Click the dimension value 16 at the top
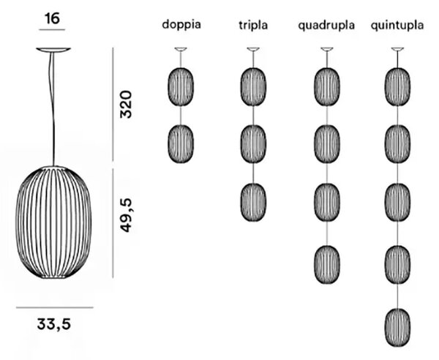click(x=53, y=19)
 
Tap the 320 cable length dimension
click(x=126, y=105)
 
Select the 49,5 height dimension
click(x=126, y=215)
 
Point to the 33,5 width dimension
click(x=54, y=324)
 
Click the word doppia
click(x=181, y=25)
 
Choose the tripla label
click(x=253, y=25)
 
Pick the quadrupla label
click(x=326, y=26)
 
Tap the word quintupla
click(x=397, y=26)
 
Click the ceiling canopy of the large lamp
click(x=53, y=50)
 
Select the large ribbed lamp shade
click(x=54, y=222)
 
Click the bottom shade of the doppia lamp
click(x=181, y=144)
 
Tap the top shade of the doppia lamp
click(x=181, y=87)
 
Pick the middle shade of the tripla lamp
click(x=253, y=144)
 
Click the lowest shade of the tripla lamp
click(x=253, y=202)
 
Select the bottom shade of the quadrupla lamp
click(x=327, y=265)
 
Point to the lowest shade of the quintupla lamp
click(x=398, y=327)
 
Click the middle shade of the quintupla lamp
click(x=398, y=202)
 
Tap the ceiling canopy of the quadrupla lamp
click(x=327, y=49)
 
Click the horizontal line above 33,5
click(x=55, y=307)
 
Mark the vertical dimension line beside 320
click(x=113, y=105)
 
